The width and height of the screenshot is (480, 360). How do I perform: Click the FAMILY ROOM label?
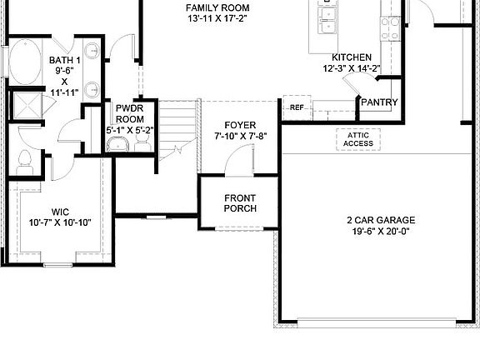click(217, 8)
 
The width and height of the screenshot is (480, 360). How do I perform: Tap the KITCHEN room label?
click(352, 57)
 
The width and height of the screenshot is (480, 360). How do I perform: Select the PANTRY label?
click(379, 102)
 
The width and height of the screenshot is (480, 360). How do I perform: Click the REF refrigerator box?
click(297, 107)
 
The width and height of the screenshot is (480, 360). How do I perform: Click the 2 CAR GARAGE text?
click(381, 221)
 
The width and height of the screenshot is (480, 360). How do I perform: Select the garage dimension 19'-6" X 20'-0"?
click(381, 233)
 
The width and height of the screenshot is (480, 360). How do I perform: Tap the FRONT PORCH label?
click(240, 202)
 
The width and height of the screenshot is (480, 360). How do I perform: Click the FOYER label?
click(240, 125)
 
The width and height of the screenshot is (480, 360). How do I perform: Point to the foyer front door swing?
click(243, 158)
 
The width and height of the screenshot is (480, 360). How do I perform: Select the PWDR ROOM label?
click(130, 113)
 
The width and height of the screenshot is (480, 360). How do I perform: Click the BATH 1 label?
click(64, 61)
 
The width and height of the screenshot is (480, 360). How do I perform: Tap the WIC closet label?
click(60, 212)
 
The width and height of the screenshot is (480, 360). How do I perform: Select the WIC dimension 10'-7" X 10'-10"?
click(60, 222)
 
